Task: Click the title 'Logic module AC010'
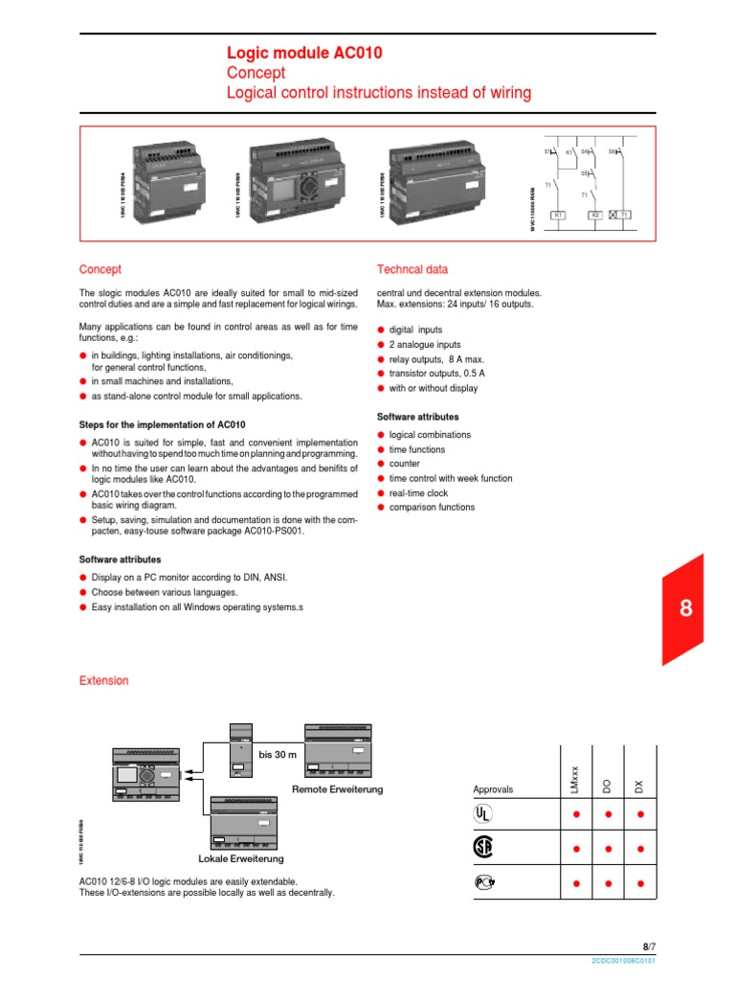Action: pos(303,54)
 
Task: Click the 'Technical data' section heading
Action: pos(412,270)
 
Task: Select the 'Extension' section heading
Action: pos(102,680)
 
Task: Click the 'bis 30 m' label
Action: pos(278,755)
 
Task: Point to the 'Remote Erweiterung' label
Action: pos(337,789)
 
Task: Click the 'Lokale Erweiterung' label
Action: pos(240,858)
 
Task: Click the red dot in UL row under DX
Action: pos(640,814)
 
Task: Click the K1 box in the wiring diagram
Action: pos(558,215)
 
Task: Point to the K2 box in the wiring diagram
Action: pos(594,215)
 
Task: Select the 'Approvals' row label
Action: pos(493,789)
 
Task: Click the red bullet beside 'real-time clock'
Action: pos(381,492)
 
